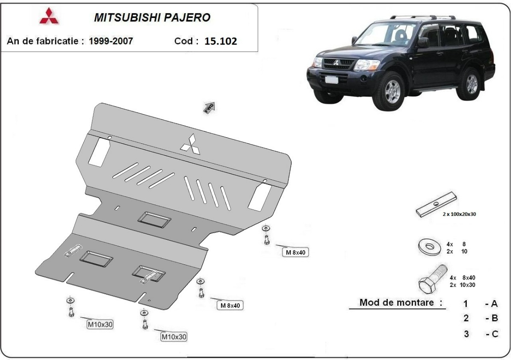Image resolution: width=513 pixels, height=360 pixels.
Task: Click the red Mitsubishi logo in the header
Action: (x=50, y=16)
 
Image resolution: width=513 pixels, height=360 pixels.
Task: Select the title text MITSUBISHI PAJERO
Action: (x=152, y=18)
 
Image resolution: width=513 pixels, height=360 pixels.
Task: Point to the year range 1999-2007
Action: (x=111, y=41)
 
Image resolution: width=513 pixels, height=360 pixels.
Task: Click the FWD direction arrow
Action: (x=209, y=107)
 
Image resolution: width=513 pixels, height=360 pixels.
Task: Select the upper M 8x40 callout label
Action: (x=295, y=253)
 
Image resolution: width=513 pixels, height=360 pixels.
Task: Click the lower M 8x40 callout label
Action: (x=230, y=306)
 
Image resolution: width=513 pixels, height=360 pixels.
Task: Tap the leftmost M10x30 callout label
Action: (x=100, y=325)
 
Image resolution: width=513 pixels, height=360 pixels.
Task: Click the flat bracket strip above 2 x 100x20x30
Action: (x=436, y=204)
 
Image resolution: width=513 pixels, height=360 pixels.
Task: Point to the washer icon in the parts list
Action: (x=427, y=247)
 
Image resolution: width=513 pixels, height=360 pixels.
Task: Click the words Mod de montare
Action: (x=401, y=303)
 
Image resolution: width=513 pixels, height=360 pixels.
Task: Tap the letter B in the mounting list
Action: (x=494, y=318)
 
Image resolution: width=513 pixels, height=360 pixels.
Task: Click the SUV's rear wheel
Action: (x=471, y=84)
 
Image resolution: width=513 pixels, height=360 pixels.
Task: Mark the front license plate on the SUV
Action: (x=330, y=80)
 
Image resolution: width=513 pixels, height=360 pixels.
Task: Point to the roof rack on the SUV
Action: (x=423, y=18)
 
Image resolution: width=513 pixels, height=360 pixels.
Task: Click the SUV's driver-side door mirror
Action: (x=423, y=42)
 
